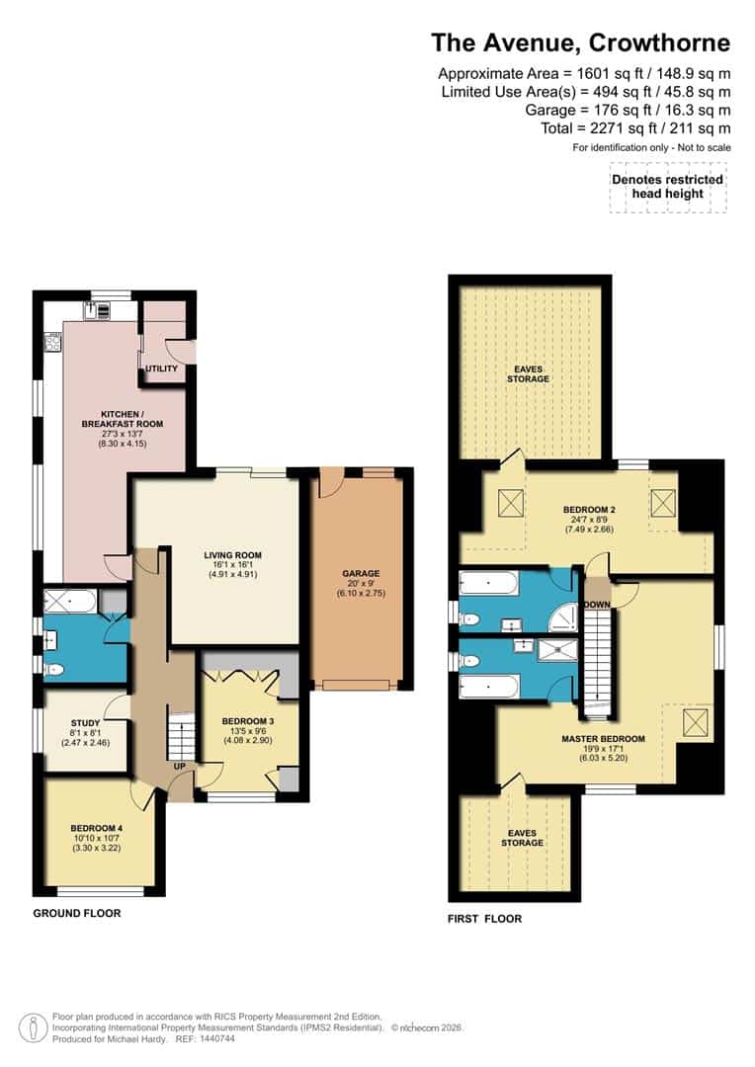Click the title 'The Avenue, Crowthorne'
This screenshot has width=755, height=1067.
point(580,42)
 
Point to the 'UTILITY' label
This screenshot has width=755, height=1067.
point(161,369)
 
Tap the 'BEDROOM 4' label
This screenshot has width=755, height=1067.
point(97,828)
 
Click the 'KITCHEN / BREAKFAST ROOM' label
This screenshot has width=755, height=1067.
point(124,418)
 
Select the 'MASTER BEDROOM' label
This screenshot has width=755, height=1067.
point(603,739)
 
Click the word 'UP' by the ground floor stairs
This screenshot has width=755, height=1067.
point(179,766)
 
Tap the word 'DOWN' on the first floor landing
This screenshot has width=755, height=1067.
point(597,604)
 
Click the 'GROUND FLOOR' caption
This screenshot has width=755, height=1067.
point(77,913)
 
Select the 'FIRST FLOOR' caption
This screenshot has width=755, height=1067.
point(484,918)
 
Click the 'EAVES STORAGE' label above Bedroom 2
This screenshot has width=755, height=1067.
point(529,372)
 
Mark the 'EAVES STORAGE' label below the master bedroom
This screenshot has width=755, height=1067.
point(522,837)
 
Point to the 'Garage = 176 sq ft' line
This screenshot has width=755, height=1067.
point(628,110)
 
